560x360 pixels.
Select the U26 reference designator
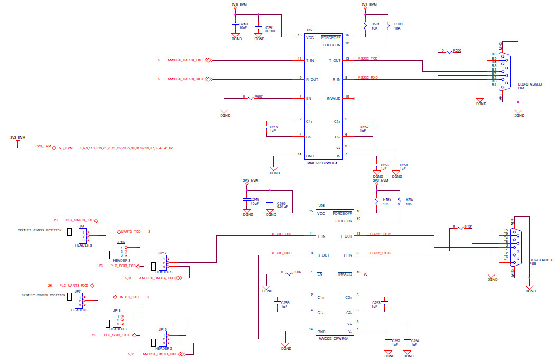321,206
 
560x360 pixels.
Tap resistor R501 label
375,24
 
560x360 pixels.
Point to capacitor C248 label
243,24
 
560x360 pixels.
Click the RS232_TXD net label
368,58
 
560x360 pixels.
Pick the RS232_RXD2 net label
381,253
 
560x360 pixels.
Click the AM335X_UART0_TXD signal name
185,60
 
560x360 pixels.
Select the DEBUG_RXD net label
281,253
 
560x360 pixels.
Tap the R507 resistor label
259,97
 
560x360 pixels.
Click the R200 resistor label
457,51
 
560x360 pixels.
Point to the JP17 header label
163,253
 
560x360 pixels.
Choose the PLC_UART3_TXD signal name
80,220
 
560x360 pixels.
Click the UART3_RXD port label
128,297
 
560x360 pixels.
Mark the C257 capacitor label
364,127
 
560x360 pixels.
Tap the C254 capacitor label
414,340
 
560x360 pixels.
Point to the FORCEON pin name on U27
332,45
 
